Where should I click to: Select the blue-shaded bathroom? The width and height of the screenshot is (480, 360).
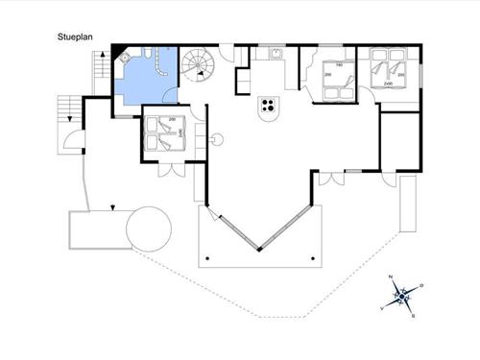click(x=144, y=82)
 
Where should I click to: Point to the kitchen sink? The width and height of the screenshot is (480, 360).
click(x=273, y=54)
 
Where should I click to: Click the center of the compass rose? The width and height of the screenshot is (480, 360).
click(x=403, y=295)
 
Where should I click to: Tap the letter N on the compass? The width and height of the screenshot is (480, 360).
click(x=391, y=277)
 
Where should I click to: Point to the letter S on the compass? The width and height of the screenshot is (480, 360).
click(x=413, y=314)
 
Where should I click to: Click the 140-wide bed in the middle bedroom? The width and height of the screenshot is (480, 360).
click(x=336, y=82)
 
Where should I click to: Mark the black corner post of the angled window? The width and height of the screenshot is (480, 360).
click(x=259, y=251)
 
